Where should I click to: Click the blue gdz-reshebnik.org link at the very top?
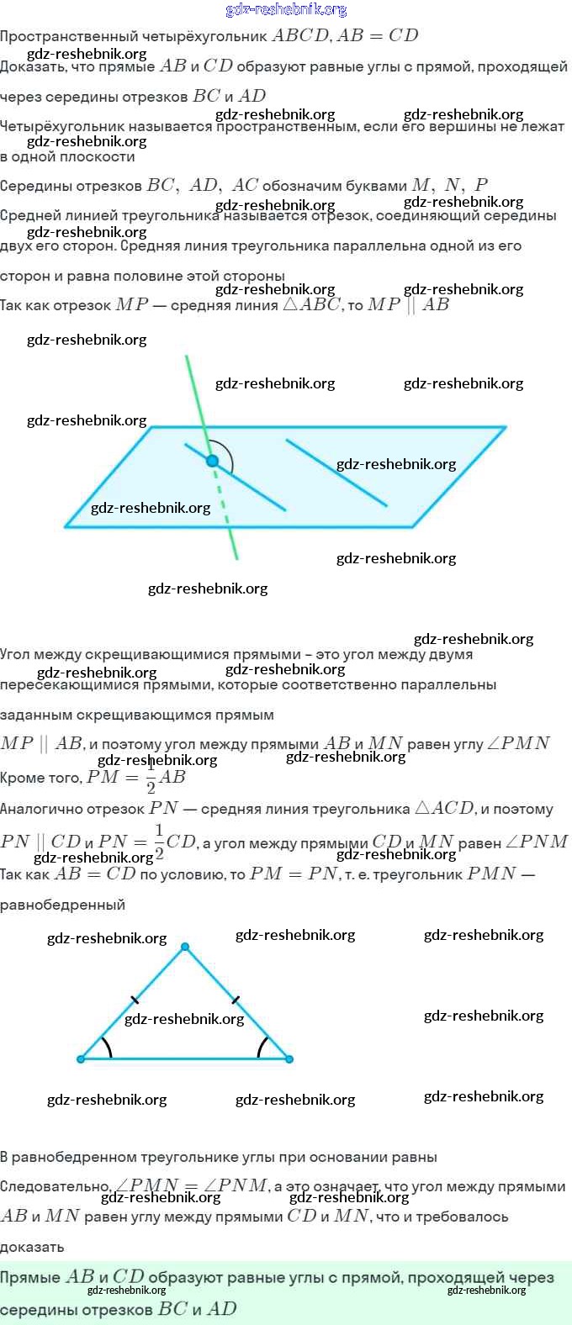[x=286, y=10]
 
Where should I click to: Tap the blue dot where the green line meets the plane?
[x=212, y=461]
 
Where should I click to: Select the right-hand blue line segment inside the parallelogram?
[x=336, y=472]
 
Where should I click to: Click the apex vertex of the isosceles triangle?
[x=185, y=947]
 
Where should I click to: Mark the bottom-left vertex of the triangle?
[x=81, y=1058]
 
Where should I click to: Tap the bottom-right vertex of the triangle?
[x=289, y=1058]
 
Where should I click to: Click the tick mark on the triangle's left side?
[x=135, y=1000]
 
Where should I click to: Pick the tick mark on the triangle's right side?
[x=236, y=1000]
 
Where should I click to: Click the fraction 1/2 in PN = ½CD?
[x=159, y=842]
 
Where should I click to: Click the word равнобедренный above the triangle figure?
[x=62, y=905]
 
